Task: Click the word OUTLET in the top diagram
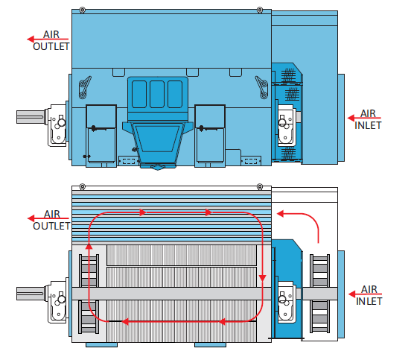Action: coord(51,46)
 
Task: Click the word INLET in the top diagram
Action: coord(368,125)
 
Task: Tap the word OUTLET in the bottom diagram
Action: coord(51,226)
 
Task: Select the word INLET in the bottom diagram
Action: coord(369,301)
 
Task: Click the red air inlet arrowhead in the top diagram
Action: coord(351,118)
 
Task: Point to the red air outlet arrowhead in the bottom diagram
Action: coord(31,218)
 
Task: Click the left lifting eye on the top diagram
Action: coord(83,10)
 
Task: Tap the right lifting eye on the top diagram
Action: coord(260,10)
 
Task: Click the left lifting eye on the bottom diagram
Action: coord(83,186)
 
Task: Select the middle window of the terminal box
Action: coord(157,94)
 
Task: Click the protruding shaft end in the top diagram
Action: coord(31,117)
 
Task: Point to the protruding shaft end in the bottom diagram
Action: coord(31,294)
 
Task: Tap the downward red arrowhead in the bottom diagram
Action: coord(262,279)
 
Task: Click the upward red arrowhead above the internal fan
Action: coord(89,246)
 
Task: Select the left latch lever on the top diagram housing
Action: coord(85,87)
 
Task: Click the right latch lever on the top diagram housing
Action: coord(262,87)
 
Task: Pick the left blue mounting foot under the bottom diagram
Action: coord(101,345)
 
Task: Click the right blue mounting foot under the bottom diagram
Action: coord(210,345)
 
